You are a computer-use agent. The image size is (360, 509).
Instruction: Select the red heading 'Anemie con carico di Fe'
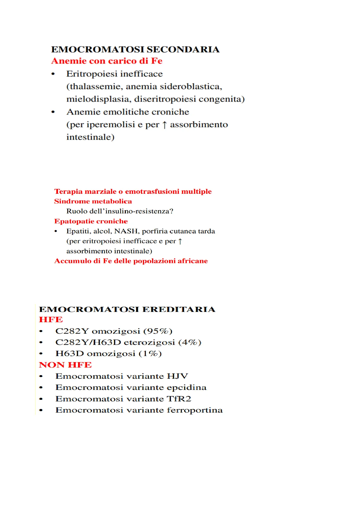tap(107, 61)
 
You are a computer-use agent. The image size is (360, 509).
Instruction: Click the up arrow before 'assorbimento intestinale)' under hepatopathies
tap(180, 241)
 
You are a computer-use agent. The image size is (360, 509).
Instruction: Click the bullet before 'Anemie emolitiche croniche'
tap(53, 112)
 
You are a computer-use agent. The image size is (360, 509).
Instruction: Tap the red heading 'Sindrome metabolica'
tap(93, 202)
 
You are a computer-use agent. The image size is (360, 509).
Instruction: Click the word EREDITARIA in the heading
tap(179, 310)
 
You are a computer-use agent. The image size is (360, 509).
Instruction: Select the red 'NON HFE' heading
tap(65, 365)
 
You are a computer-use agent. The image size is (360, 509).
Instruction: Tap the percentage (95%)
tap(158, 331)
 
